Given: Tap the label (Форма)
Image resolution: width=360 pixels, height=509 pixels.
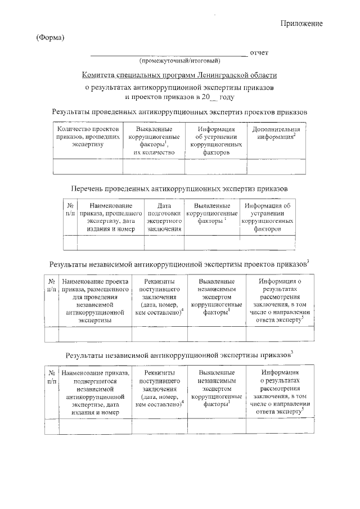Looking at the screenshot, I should point(51,38).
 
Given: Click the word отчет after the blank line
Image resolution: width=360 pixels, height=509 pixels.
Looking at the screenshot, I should point(259,53).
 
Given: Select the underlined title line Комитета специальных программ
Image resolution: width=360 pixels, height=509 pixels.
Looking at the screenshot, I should point(179,75).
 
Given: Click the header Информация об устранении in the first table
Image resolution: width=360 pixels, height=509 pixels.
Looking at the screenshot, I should point(211,141).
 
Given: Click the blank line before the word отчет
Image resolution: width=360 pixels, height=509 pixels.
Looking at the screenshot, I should point(169,54).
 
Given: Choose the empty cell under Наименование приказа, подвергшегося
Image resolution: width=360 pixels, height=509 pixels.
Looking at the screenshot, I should point(94,428).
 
